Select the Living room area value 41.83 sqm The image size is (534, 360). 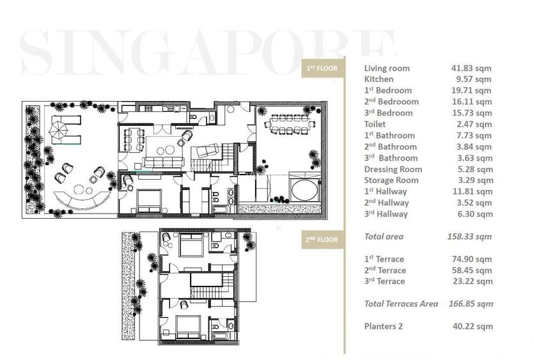(x=471, y=68)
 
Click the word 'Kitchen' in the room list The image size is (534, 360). (x=379, y=79)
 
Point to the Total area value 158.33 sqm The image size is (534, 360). (x=469, y=237)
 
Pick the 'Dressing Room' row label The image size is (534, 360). (x=393, y=169)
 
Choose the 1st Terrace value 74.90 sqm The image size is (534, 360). (x=471, y=259)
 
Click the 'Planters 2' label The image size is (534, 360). (x=383, y=326)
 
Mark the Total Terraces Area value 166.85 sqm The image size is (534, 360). (x=469, y=304)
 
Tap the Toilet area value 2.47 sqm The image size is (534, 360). (x=474, y=124)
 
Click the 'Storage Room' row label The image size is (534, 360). (x=391, y=180)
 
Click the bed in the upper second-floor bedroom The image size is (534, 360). (x=190, y=246)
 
